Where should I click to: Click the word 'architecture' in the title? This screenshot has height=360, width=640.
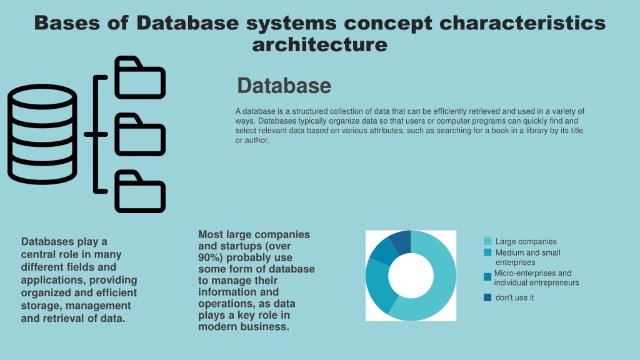(x=319, y=44)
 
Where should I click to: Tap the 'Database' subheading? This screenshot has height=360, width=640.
(x=284, y=86)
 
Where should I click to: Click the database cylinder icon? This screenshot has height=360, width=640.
(x=42, y=134)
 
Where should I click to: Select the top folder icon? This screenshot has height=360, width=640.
(x=140, y=77)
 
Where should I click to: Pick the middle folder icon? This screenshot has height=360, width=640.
(x=140, y=135)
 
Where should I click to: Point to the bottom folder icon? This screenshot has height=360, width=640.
(x=140, y=191)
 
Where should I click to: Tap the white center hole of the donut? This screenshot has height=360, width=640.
(x=411, y=276)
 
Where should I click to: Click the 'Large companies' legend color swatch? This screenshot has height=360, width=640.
(x=487, y=241)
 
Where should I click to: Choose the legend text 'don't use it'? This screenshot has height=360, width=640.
(x=514, y=297)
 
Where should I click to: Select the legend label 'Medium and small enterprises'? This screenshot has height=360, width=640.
(x=527, y=257)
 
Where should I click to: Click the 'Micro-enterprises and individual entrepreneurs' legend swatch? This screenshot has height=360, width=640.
(x=487, y=277)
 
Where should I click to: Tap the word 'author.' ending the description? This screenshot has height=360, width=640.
(x=257, y=141)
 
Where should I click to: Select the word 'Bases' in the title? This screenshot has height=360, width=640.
(x=67, y=23)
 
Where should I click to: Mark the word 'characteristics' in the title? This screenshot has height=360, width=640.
(x=522, y=23)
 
